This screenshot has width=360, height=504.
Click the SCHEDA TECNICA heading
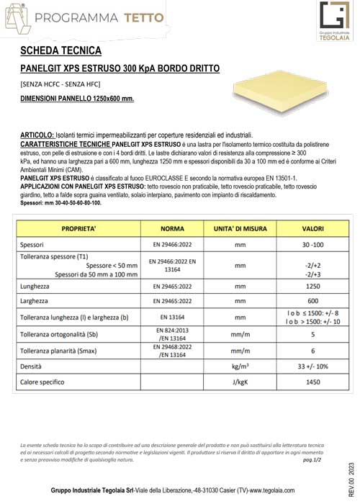point(61,51)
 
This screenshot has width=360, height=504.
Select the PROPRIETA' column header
point(78,228)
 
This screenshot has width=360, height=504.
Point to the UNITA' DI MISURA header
point(240,228)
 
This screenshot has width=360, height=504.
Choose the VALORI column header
point(313,228)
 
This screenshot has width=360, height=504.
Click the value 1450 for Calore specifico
point(313,382)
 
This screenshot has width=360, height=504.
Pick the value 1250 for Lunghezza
point(313,286)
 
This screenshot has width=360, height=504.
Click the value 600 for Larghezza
point(313,301)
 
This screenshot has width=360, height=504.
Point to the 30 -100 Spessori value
point(313,245)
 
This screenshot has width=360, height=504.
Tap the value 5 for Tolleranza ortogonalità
point(313,334)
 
